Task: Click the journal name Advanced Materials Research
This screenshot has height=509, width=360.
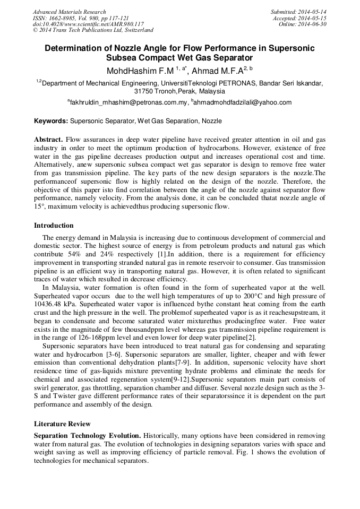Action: pyautogui.click(x=69, y=12)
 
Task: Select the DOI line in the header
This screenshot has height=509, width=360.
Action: pyautogui.click(x=88, y=24)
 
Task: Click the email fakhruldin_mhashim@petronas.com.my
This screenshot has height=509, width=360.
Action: pyautogui.click(x=128, y=102)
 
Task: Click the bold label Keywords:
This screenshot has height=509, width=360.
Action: pyautogui.click(x=51, y=122)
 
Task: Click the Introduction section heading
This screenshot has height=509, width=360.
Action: pyautogui.click(x=54, y=226)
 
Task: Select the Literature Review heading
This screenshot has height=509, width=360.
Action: pyautogui.click(x=62, y=424)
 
